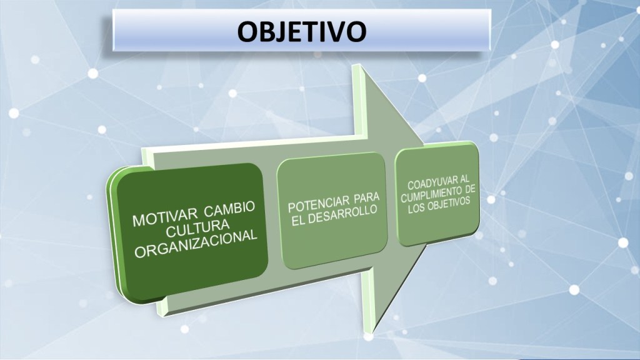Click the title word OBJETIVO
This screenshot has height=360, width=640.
(x=302, y=31)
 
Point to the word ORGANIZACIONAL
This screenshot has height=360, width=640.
(x=196, y=244)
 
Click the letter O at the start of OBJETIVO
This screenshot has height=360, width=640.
(x=248, y=32)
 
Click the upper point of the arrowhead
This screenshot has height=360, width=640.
(x=358, y=64)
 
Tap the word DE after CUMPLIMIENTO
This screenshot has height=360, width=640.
(x=471, y=190)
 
